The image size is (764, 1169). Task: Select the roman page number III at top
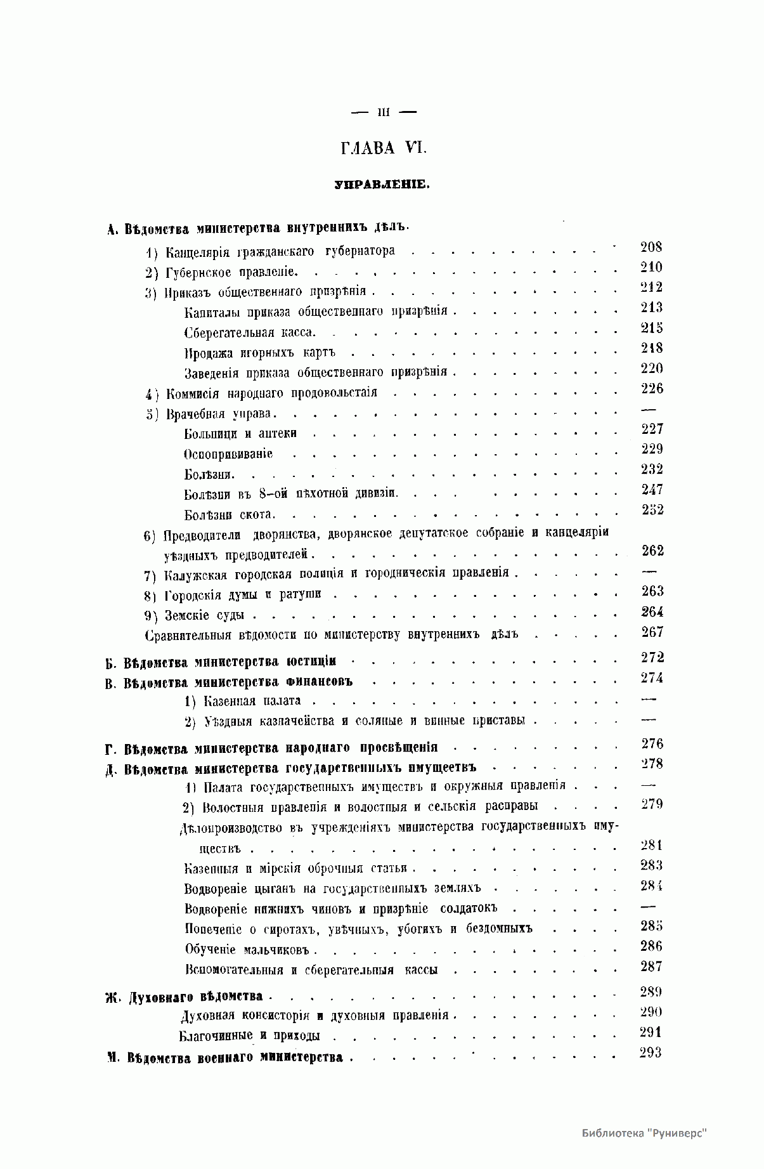click(x=383, y=113)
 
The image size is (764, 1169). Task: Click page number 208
click(x=651, y=247)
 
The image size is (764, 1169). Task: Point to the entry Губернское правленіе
click(x=231, y=273)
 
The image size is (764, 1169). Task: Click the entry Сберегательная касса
click(x=249, y=333)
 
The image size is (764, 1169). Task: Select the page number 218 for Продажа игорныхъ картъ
click(x=652, y=348)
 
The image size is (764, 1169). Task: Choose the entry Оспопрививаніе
click(x=228, y=454)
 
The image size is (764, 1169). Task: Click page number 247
click(x=652, y=490)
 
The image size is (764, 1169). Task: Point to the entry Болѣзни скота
click(x=228, y=514)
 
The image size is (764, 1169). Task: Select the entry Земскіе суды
click(x=209, y=615)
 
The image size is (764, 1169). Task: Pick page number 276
click(x=652, y=744)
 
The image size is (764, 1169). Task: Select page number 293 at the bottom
click(x=651, y=1053)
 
